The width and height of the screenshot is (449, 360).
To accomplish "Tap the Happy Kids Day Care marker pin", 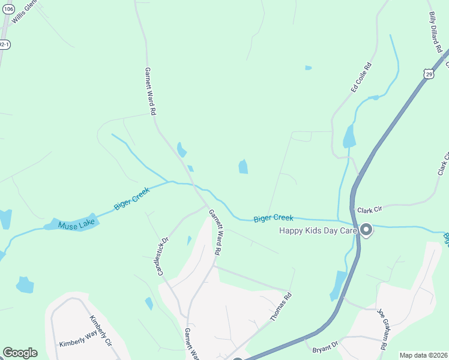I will click(366, 230).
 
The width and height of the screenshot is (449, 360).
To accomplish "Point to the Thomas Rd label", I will click(280, 307).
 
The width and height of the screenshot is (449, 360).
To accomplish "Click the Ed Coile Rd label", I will click(361, 77).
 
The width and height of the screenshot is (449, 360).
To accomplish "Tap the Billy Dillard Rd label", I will click(437, 31).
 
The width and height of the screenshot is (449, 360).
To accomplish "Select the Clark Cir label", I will click(369, 211).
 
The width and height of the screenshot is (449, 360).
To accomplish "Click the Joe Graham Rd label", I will click(382, 329).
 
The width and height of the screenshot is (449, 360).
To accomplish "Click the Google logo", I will click(20, 353).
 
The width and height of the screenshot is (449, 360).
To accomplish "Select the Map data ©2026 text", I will click(423, 355).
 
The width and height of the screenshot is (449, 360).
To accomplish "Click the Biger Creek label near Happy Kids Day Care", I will click(273, 218).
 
